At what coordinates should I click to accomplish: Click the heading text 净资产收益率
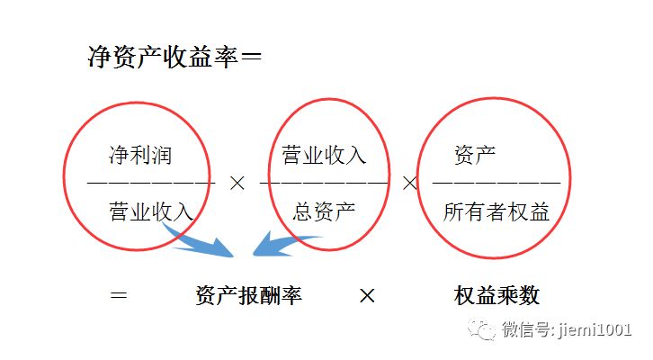(162, 58)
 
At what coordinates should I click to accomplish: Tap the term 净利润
(139, 155)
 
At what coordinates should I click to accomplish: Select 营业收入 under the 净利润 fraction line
(151, 211)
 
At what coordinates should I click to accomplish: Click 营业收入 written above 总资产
(324, 155)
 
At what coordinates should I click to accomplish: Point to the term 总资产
(325, 211)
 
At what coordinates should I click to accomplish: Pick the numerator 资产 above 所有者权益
(475, 155)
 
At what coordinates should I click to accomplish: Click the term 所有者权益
(496, 211)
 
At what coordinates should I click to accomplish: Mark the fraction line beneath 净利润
(151, 183)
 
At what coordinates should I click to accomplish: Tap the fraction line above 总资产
(325, 183)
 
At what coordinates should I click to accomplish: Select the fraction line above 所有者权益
(496, 183)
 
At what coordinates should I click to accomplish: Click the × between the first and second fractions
(237, 183)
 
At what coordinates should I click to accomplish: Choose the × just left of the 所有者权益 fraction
(410, 183)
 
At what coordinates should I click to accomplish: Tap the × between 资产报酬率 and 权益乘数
(367, 295)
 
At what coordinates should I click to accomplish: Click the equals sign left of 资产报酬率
(118, 295)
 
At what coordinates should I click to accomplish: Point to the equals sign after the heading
(253, 58)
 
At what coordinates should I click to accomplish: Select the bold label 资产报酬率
(248, 295)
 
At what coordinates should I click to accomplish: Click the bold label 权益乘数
(496, 295)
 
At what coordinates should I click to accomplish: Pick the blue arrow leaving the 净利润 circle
(198, 241)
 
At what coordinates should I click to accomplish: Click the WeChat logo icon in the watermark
(486, 329)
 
